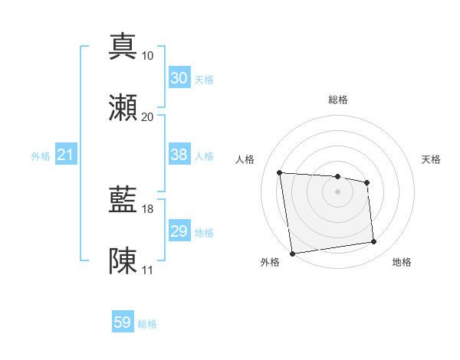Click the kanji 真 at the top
pyautogui.click(x=123, y=46)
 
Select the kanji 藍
pyautogui.click(x=123, y=199)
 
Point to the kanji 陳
pyautogui.click(x=123, y=260)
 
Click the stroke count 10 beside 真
pyautogui.click(x=148, y=56)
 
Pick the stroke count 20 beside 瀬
pyautogui.click(x=148, y=116)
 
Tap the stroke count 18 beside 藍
pyautogui.click(x=148, y=208)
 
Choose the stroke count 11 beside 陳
pyautogui.click(x=148, y=270)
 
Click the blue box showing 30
pyautogui.click(x=179, y=78)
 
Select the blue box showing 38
pyautogui.click(x=179, y=155)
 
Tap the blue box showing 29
pyautogui.click(x=179, y=231)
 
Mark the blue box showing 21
pyautogui.click(x=65, y=155)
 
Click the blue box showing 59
pyautogui.click(x=123, y=322)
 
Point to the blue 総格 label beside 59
pyautogui.click(x=147, y=324)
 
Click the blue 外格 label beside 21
pyautogui.click(x=41, y=156)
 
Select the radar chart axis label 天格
pyautogui.click(x=431, y=159)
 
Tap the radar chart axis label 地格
pyautogui.click(x=402, y=263)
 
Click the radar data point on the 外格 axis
pyautogui.click(x=292, y=253)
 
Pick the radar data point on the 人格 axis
pyautogui.click(x=280, y=172)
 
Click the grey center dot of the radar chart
pyautogui.click(x=337, y=191)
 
